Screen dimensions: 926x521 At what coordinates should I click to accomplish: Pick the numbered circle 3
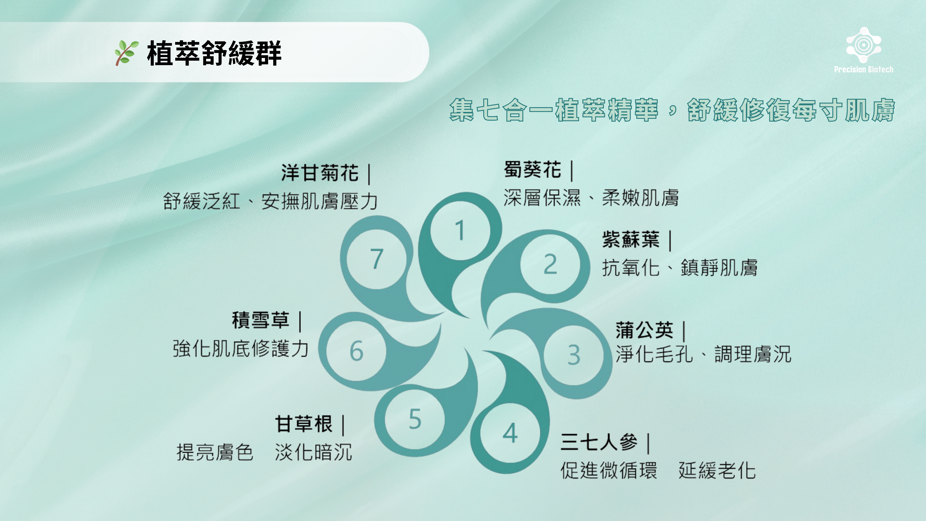[574, 355]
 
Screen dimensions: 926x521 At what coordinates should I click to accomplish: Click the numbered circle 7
[377, 259]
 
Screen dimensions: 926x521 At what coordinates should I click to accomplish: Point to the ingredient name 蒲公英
[644, 330]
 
